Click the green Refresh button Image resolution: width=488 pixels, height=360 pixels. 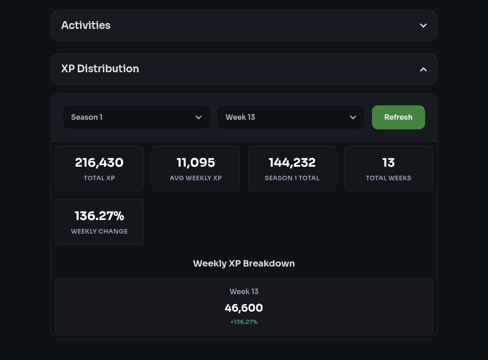pos(398,117)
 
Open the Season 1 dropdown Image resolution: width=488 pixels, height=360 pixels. pos(136,117)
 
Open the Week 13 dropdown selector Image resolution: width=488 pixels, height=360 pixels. pos(291,117)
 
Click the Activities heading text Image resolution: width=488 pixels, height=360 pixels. pos(86,25)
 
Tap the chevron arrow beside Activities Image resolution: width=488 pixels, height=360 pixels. pos(423,26)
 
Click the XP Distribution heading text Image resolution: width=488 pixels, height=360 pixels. pos(100,69)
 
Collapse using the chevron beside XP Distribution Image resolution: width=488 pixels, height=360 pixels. pos(423,70)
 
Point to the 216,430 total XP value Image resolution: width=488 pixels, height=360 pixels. pos(99,163)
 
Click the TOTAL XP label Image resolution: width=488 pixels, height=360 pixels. pos(99,178)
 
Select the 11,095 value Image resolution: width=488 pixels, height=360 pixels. pos(196,163)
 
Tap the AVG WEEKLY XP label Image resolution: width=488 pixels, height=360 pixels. pos(196,178)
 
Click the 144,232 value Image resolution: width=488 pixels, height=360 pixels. pos(292,163)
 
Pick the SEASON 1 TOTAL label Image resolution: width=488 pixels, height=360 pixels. pos(292,178)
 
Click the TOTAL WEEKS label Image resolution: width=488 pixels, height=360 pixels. pos(389,178)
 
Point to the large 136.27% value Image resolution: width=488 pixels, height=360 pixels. pos(99,216)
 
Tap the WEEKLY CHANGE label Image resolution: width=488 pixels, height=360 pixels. pos(99,231)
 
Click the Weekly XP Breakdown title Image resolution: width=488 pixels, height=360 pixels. pos(244,263)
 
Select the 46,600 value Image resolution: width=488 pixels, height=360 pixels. pos(244,308)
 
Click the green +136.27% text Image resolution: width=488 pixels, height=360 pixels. pos(244,322)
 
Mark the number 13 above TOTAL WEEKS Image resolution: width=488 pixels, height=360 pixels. pos(389,163)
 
